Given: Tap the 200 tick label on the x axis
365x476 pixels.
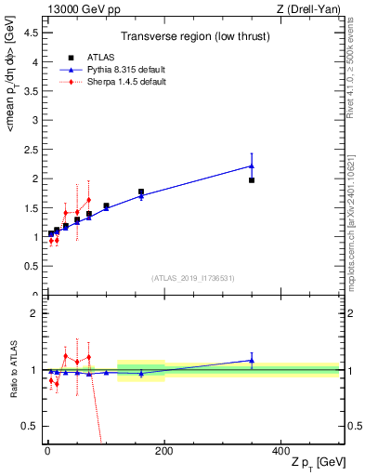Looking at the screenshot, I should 163,450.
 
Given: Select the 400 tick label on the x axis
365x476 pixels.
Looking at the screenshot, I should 280,450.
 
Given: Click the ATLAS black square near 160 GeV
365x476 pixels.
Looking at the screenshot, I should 141,192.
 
